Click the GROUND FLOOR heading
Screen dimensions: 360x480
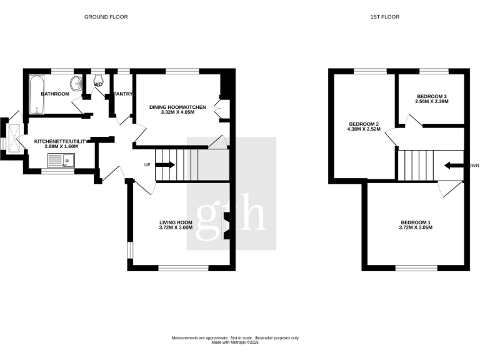tap(106, 17)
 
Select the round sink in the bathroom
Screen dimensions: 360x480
tap(77, 83)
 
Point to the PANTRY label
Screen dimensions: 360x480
tap(122, 94)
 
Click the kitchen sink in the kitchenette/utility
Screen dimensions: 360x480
tap(60, 162)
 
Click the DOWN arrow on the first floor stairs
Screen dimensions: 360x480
tap(452, 166)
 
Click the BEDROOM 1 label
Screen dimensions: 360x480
tap(416, 222)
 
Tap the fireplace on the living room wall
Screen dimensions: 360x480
tap(227, 225)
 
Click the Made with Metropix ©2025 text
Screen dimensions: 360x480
tap(235, 342)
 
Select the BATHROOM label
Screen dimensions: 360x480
tap(54, 94)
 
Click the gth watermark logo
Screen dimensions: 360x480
tap(231, 216)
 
